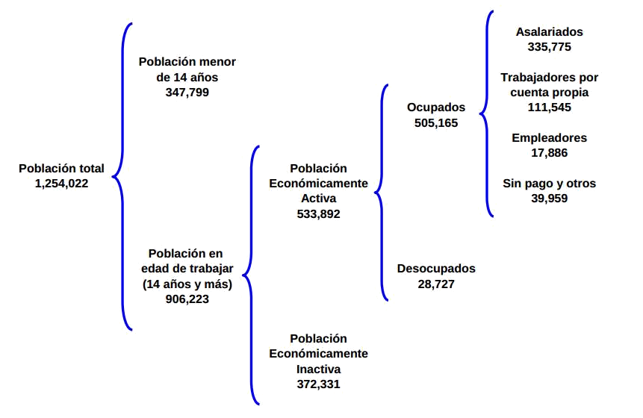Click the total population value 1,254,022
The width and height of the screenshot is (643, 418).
pos(61,183)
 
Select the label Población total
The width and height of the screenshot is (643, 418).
pos(61,169)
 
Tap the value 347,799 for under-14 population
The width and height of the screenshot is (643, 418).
pos(187,93)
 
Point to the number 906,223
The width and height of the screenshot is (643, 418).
pos(187,299)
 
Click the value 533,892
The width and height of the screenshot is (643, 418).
pos(319,214)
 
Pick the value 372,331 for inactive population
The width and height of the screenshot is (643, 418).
pos(319,384)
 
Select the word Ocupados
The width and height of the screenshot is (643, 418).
pos(436,107)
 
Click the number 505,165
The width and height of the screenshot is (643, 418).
pos(436,123)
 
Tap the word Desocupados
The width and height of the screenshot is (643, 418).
pos(436,269)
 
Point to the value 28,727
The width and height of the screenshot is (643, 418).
pos(436,284)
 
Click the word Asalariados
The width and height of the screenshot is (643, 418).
pos(550,32)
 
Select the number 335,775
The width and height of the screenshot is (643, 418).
pos(550,47)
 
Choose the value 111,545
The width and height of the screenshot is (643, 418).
pos(550,107)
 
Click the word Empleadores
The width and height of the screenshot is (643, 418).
pos(550,138)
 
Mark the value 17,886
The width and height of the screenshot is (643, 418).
pos(550,153)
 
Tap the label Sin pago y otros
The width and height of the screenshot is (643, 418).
pos(550,183)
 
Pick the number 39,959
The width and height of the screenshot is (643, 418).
pos(550,199)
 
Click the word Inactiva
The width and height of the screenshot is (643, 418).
pos(319,369)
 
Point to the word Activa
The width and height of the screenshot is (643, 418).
pos(319,199)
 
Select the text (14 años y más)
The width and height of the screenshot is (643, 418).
pos(187,284)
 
